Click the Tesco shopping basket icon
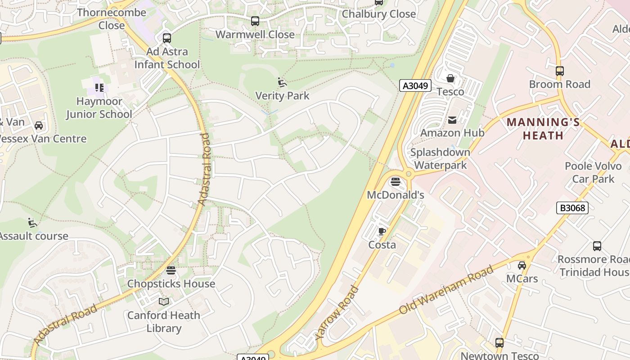click(x=450, y=79)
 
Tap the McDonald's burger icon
click(x=396, y=182)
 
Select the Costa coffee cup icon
click(x=382, y=232)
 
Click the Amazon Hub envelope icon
click(x=452, y=120)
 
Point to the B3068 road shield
click(x=572, y=208)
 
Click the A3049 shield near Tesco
click(x=415, y=85)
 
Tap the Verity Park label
click(x=282, y=96)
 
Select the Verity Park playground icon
click(x=282, y=82)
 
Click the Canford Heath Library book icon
click(x=164, y=301)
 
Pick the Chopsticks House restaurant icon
click(x=171, y=270)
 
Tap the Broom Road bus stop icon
click(x=559, y=71)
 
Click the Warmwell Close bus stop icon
click(x=255, y=21)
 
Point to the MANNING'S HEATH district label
click(x=543, y=129)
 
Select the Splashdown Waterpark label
click(x=440, y=158)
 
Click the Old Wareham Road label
click(x=447, y=290)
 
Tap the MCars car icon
click(x=522, y=265)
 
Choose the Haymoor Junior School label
click(x=99, y=108)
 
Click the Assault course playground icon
click(x=32, y=222)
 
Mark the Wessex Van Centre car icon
click(x=39, y=126)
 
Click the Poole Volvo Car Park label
click(x=593, y=172)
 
